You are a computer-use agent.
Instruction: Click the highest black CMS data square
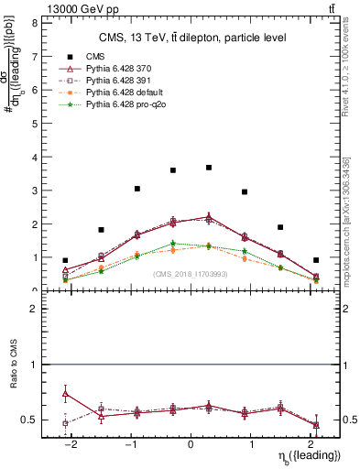(x=209, y=168)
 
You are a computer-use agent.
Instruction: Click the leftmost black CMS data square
(x=65, y=260)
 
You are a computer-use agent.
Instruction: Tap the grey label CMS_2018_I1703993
(x=190, y=274)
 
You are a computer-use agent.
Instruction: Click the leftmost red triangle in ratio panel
(x=65, y=393)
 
